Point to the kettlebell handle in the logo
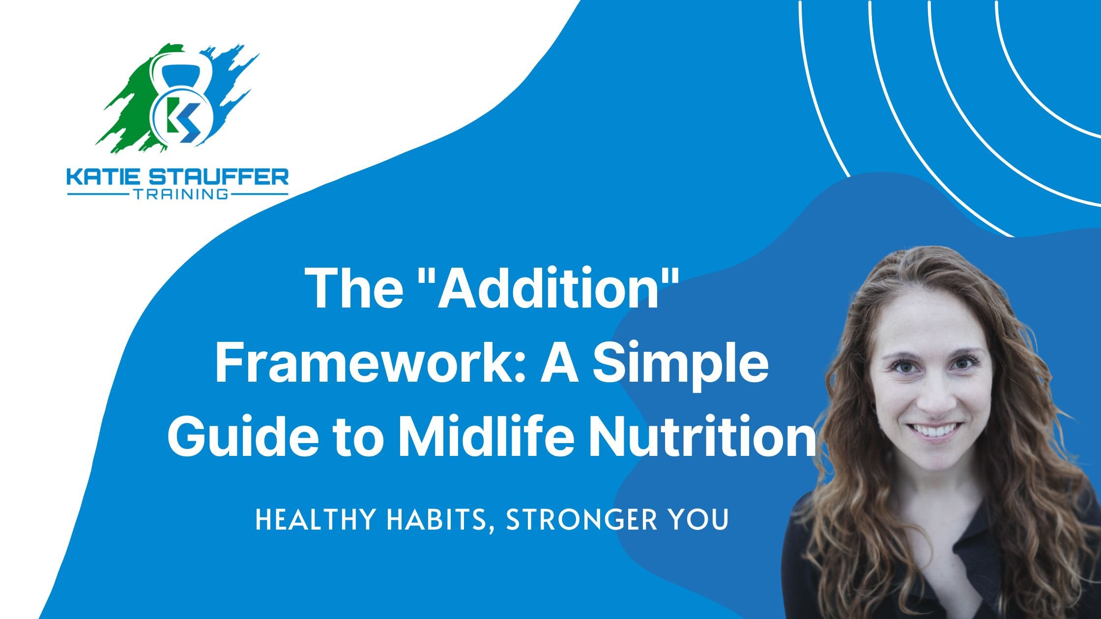tap(182, 69)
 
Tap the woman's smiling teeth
tap(933, 430)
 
